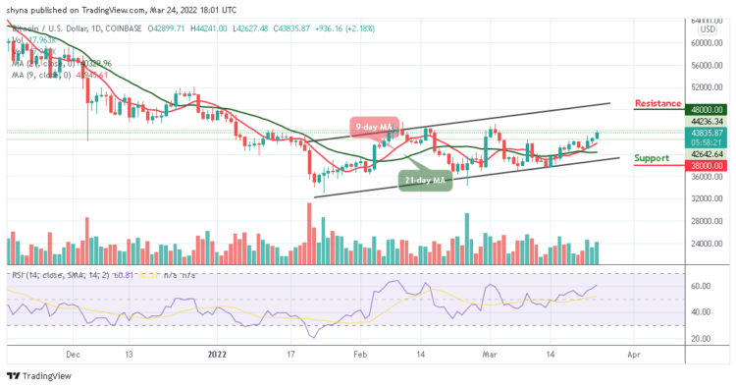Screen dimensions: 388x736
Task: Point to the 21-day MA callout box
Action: coord(424,179)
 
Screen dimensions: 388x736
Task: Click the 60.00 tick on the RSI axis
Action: coord(698,286)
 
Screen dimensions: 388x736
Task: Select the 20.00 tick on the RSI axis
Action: coord(698,338)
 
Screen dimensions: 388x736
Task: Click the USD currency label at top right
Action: coord(705,29)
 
